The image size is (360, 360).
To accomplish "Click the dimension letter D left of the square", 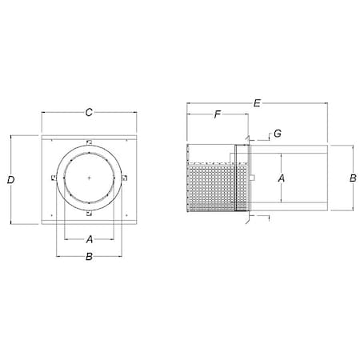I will tap(10, 181).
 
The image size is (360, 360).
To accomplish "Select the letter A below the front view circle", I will tap(90, 238).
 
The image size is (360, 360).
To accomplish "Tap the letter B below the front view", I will tap(90, 257).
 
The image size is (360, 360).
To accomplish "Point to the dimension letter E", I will tap(256, 103).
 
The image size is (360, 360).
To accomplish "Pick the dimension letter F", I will tap(216, 115).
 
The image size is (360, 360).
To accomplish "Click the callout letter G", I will tap(276, 134).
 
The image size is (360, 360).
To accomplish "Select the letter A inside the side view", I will tap(282, 179).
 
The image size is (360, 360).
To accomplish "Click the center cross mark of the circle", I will tap(90, 177).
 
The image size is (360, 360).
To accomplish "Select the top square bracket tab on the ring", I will tap(90, 143).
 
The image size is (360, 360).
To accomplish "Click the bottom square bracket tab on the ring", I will tap(90, 214).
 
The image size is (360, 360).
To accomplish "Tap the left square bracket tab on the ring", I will tap(53, 178).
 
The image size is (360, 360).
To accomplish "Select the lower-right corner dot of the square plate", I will tap(128, 215).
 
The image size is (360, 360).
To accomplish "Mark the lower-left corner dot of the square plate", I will tap(50, 215).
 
